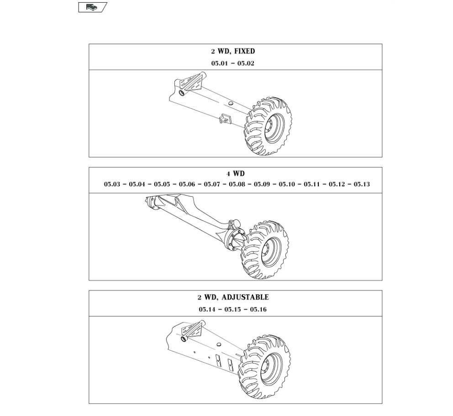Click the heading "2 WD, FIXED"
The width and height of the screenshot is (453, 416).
click(x=233, y=52)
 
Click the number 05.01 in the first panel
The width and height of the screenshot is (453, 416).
click(x=219, y=63)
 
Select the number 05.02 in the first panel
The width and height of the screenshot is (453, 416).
click(x=246, y=63)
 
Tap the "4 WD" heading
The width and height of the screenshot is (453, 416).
click(x=236, y=174)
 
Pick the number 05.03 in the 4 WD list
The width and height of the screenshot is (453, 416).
click(x=112, y=184)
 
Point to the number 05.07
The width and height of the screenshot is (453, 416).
click(x=212, y=184)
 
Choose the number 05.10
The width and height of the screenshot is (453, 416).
click(x=287, y=184)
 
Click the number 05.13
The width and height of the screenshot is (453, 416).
click(x=362, y=184)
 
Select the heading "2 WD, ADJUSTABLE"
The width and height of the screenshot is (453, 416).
click(x=233, y=298)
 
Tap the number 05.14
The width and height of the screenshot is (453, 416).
click(x=207, y=310)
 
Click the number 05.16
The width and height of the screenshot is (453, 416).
click(x=258, y=310)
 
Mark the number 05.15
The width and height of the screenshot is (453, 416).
click(x=232, y=310)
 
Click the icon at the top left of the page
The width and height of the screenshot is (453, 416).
click(x=92, y=7)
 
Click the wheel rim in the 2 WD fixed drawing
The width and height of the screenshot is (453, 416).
click(x=274, y=128)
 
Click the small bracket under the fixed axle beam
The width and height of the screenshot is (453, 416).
click(x=225, y=118)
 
